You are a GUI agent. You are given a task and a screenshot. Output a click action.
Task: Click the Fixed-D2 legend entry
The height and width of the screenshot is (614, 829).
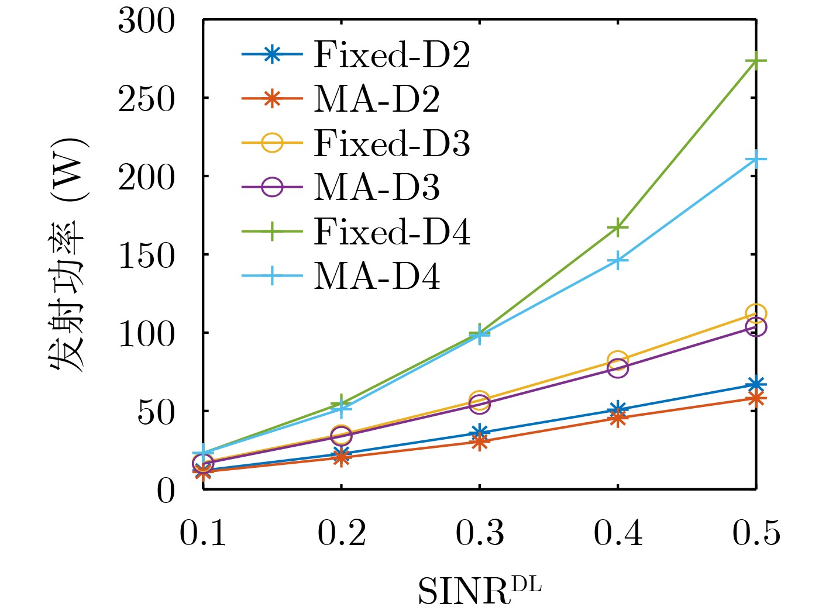pyautogui.click(x=391, y=55)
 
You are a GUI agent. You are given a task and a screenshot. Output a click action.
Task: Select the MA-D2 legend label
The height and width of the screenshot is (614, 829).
pyautogui.click(x=377, y=99)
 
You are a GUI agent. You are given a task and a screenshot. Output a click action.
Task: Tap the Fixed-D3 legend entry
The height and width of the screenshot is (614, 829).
pyautogui.click(x=391, y=144)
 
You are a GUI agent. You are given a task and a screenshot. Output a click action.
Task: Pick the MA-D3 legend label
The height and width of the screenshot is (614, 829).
pyautogui.click(x=377, y=188)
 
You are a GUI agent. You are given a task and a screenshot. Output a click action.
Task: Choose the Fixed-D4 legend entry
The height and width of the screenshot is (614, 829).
pyautogui.click(x=391, y=232)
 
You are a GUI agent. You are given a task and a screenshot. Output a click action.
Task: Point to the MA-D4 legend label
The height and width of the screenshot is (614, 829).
pyautogui.click(x=377, y=276)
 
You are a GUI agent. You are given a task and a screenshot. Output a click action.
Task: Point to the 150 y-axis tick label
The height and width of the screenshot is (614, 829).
pyautogui.click(x=146, y=256)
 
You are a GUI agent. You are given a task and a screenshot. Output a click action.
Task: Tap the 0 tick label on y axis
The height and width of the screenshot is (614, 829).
pyautogui.click(x=166, y=491)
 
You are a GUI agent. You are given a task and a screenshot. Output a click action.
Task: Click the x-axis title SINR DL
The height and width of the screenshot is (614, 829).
pyautogui.click(x=479, y=591)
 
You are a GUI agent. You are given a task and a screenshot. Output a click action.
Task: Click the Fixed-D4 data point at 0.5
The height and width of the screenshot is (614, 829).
pyautogui.click(x=756, y=61)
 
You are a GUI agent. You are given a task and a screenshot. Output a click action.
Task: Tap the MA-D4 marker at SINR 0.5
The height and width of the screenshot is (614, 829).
pyautogui.click(x=756, y=159)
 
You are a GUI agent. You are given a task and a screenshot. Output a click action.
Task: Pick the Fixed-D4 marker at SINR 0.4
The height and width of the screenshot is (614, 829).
pyautogui.click(x=618, y=227)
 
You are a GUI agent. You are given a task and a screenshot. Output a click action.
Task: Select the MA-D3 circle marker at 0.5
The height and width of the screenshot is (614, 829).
pyautogui.click(x=756, y=327)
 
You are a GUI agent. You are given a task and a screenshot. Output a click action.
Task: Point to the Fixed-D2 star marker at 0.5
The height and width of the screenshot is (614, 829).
pyautogui.click(x=756, y=384)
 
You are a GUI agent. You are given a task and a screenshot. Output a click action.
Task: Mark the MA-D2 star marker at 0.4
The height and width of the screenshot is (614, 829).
pyautogui.click(x=618, y=418)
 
